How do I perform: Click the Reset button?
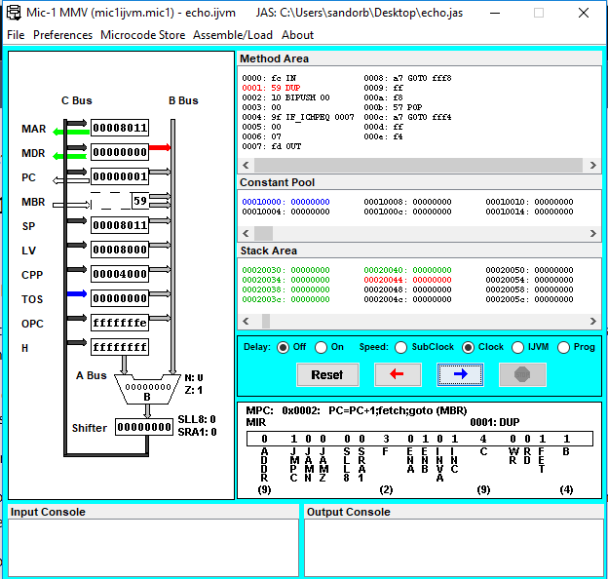click(x=327, y=374)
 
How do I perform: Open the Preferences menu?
click(x=62, y=34)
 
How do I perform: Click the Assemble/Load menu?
click(x=233, y=34)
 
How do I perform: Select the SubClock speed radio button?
click(x=400, y=347)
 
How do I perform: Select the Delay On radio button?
click(x=323, y=347)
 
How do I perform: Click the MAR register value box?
click(x=120, y=128)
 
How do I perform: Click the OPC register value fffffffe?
click(x=120, y=323)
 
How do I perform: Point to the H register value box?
click(x=120, y=347)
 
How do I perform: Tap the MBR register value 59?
click(x=139, y=201)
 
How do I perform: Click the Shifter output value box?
click(x=144, y=427)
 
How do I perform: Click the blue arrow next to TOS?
click(x=75, y=298)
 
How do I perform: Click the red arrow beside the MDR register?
click(x=161, y=148)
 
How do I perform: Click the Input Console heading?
click(x=48, y=512)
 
